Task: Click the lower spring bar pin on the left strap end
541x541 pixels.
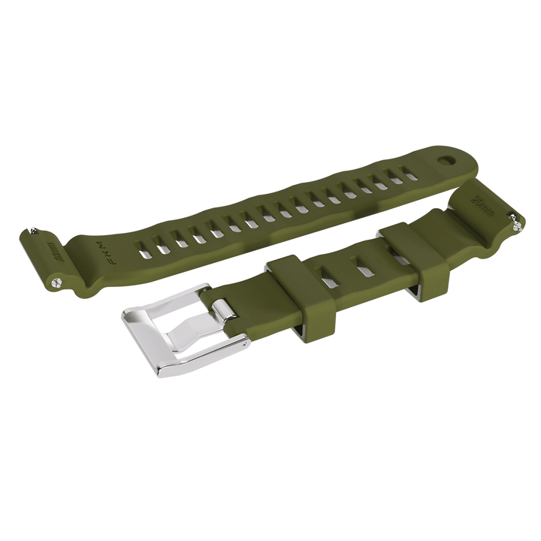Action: (58, 282)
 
